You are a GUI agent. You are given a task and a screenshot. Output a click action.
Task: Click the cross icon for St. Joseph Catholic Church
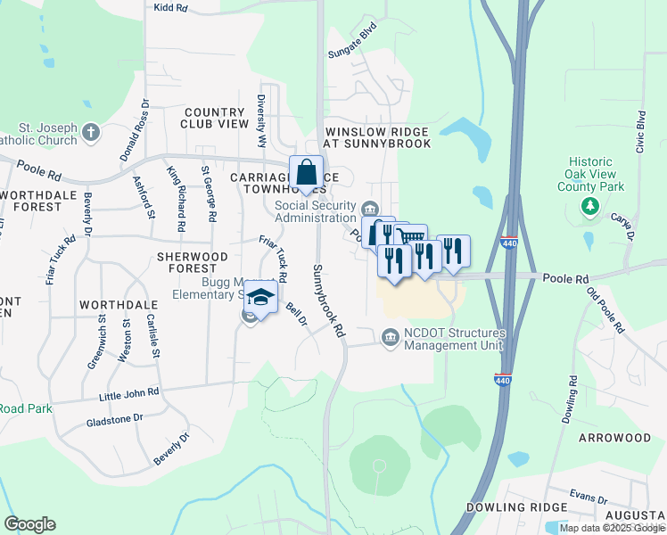click(90, 133)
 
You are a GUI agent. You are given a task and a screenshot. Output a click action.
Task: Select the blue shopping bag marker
click(306, 172)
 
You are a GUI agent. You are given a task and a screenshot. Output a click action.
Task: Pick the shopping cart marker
click(410, 238)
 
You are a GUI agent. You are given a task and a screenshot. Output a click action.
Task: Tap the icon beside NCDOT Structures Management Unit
click(390, 337)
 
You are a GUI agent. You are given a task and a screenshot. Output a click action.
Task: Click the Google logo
click(29, 524)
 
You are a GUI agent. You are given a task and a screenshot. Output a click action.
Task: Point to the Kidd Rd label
click(171, 7)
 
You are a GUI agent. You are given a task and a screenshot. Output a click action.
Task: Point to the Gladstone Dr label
click(114, 419)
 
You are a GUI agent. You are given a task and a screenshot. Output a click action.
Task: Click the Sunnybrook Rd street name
click(327, 300)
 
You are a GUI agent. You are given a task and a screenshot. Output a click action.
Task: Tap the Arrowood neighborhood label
click(614, 439)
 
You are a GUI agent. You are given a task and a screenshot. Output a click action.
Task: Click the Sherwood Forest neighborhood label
click(187, 262)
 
